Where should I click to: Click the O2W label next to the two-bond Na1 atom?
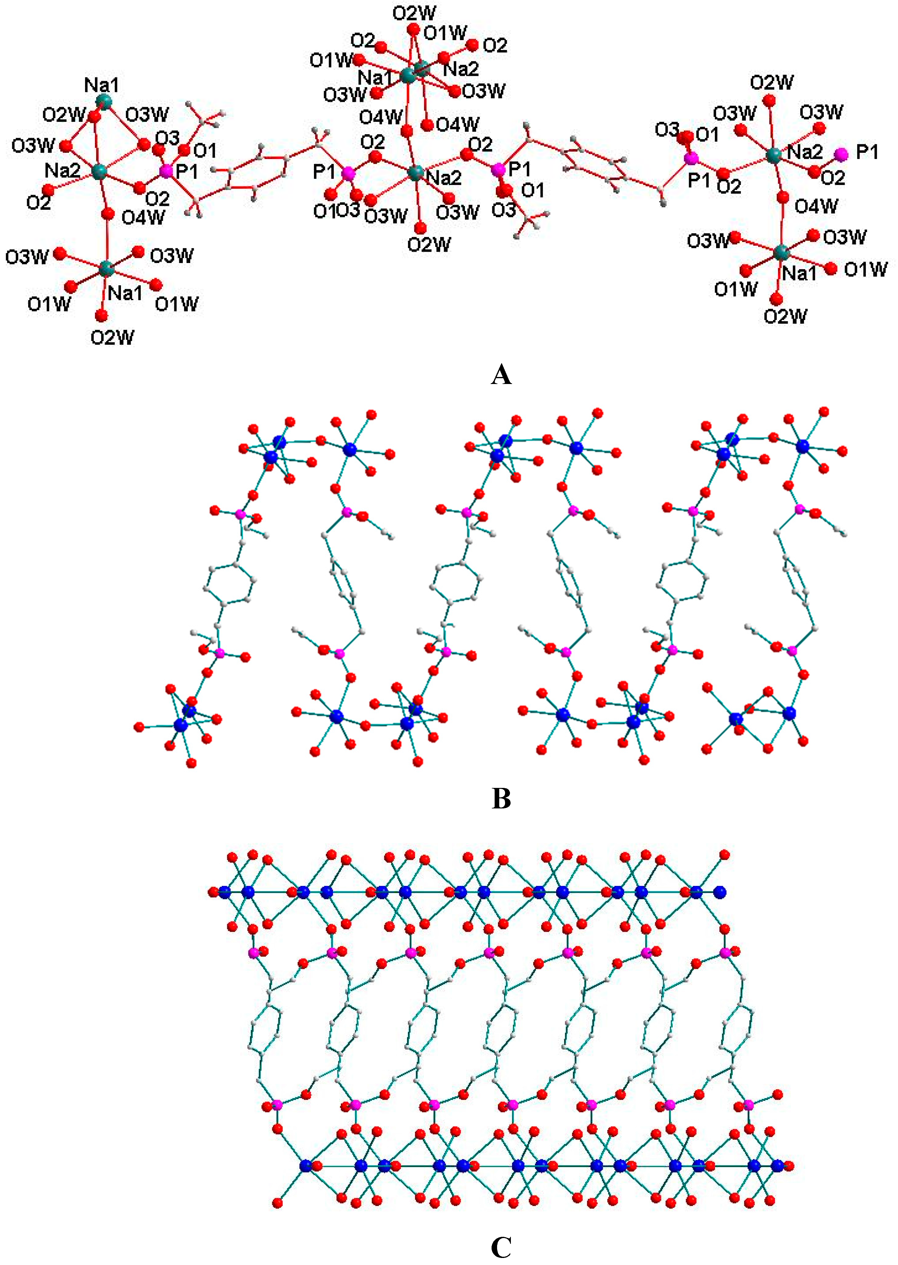64,115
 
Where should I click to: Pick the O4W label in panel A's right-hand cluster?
816,206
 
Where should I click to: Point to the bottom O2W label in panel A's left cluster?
112,337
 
